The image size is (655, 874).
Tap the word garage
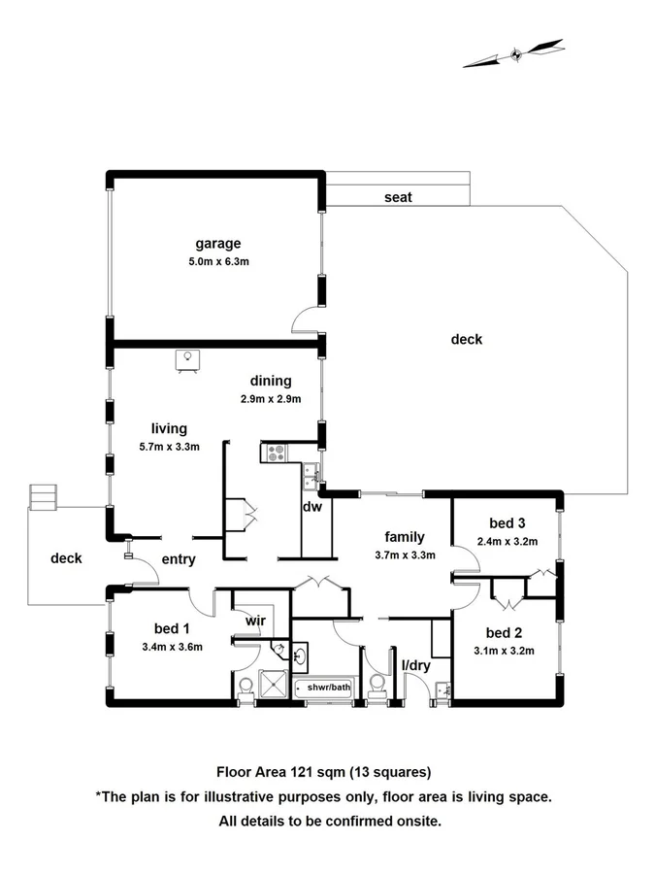(217, 244)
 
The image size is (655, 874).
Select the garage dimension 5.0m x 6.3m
(217, 261)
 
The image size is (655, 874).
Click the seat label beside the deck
(398, 197)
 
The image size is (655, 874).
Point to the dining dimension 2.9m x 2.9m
(271, 398)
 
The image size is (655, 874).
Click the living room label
(169, 428)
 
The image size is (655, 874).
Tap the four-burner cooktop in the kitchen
(275, 451)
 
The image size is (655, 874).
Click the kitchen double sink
(311, 473)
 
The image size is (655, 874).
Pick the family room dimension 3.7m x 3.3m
(406, 555)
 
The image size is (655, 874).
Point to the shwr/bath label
(328, 688)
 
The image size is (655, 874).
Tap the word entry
(180, 559)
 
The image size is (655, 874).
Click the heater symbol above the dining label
(187, 358)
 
